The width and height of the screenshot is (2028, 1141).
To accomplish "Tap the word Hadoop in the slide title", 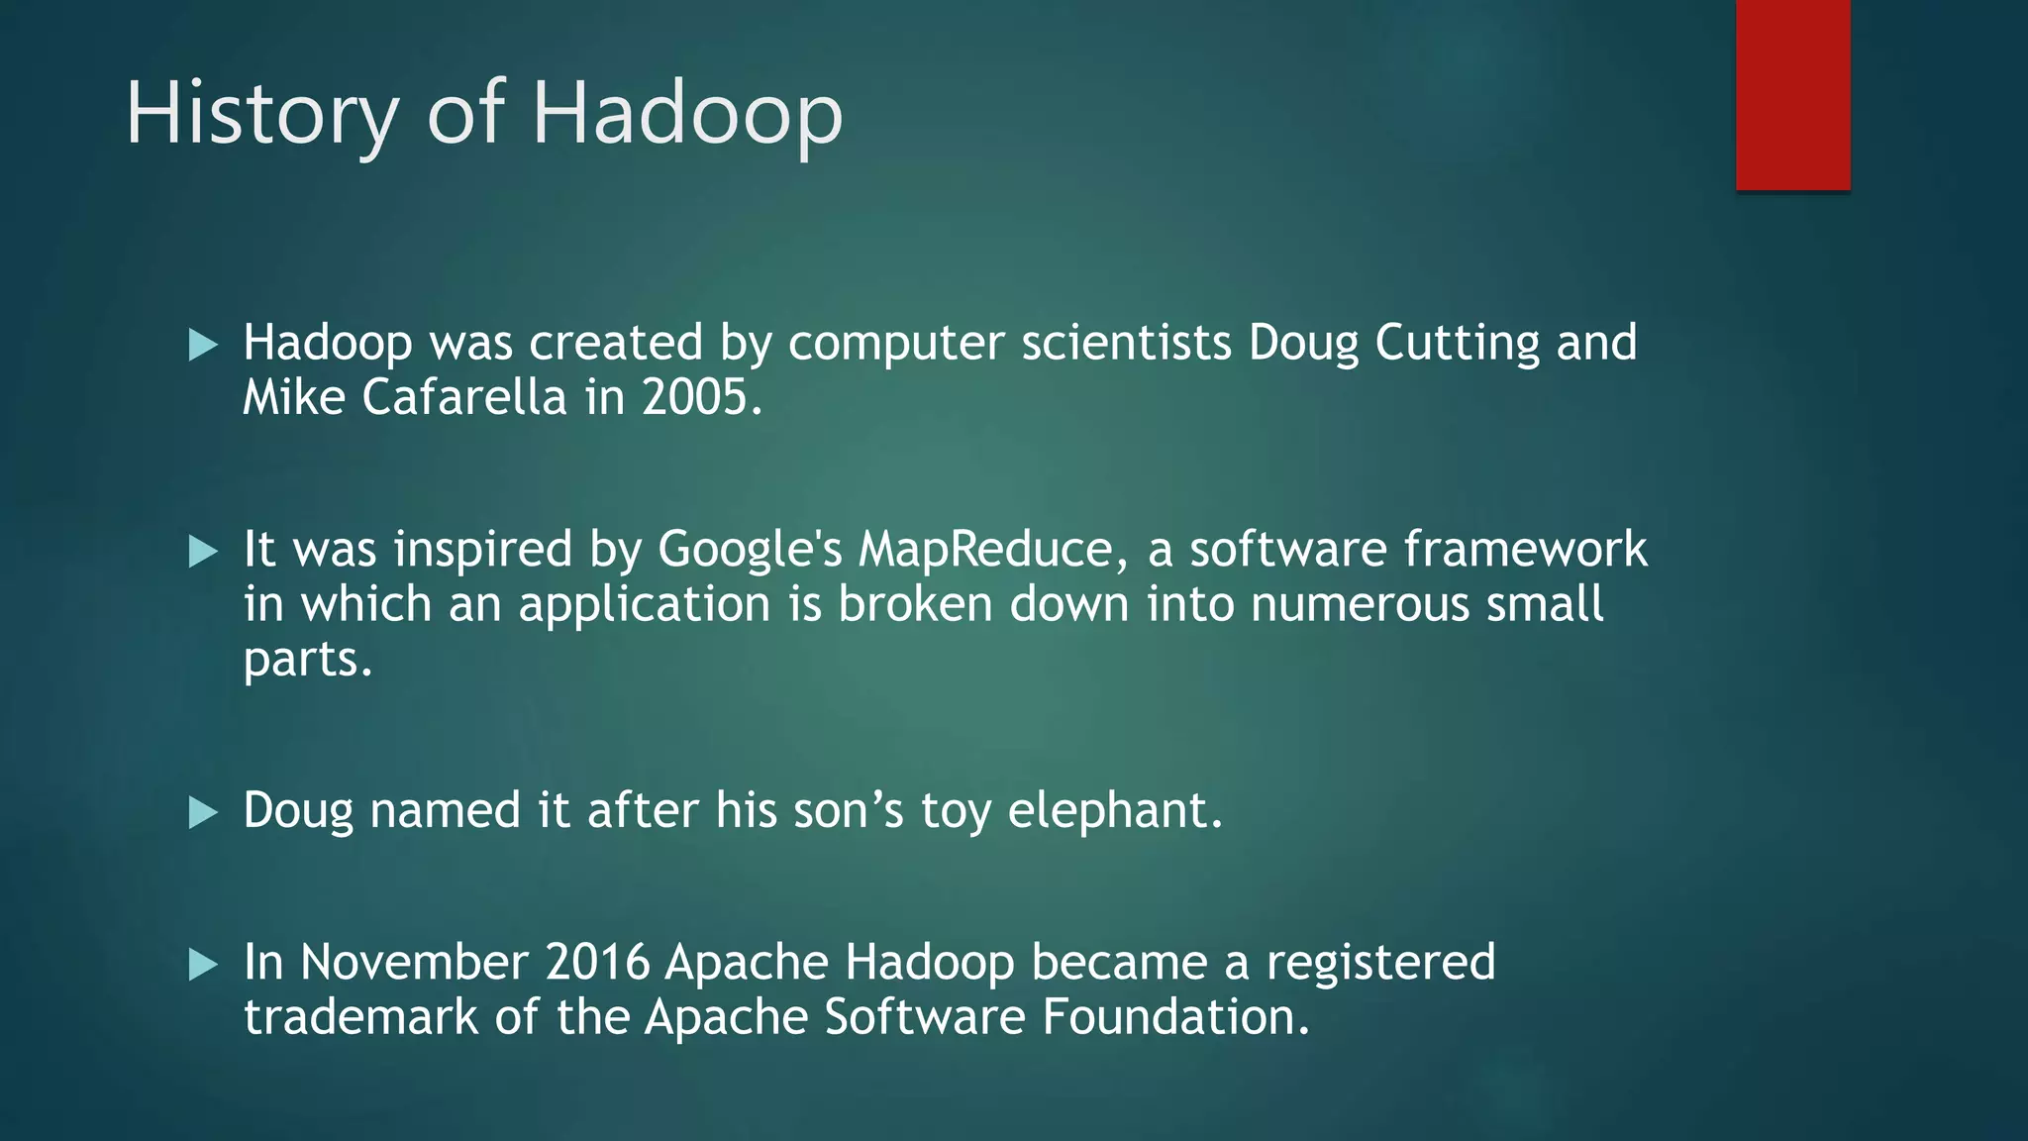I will pyautogui.click(x=687, y=114).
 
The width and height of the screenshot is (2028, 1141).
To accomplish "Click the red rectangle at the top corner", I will pyautogui.click(x=1792, y=94).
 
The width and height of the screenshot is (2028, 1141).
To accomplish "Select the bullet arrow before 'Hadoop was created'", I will pyautogui.click(x=203, y=346).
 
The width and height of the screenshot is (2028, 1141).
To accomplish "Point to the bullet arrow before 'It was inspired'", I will pyautogui.click(x=203, y=552).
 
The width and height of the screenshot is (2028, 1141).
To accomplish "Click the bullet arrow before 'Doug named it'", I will pyautogui.click(x=203, y=813).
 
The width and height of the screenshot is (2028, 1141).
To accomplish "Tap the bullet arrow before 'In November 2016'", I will pyautogui.click(x=203, y=965).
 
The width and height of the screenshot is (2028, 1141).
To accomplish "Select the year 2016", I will pyautogui.click(x=596, y=963).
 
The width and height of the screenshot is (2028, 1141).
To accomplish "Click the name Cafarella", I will pyautogui.click(x=464, y=398).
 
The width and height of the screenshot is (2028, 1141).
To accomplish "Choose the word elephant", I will pyautogui.click(x=1115, y=811).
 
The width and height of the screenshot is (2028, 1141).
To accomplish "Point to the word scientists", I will pyautogui.click(x=1126, y=344).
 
